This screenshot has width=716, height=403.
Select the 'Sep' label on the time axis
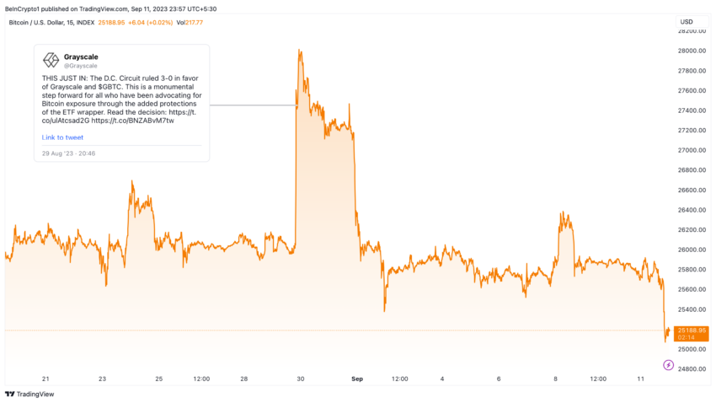pos(356,379)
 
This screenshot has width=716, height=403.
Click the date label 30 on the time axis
pos(300,379)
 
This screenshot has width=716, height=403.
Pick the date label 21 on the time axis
pos(45,379)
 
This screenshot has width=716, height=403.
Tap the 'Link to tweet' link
pos(62,137)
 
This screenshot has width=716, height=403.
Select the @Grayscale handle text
pos(80,65)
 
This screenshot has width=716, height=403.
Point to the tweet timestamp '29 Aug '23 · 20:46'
pos(68,153)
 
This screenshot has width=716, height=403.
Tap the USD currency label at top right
pos(687,21)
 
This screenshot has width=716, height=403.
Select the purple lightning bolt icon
pos(668,365)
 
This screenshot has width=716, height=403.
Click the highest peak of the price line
pos(299,51)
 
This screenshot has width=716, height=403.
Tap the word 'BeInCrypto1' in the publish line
pos(23,8)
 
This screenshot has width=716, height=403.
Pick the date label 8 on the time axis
pos(556,379)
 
